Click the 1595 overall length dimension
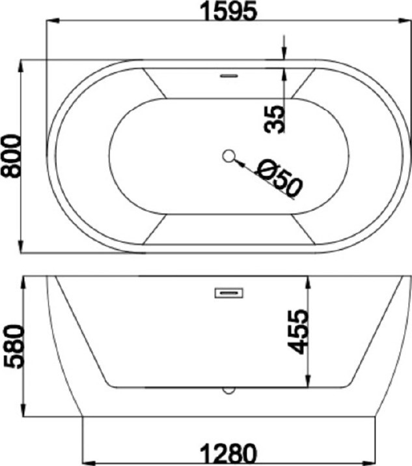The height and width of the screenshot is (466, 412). (x=228, y=11)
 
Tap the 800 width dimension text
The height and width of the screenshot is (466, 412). (x=11, y=156)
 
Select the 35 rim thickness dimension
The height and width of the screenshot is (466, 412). (x=274, y=119)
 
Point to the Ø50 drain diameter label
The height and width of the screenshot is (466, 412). (x=279, y=179)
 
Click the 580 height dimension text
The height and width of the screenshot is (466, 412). (x=14, y=347)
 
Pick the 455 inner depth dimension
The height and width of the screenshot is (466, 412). (x=297, y=332)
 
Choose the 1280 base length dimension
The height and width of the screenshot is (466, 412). (x=228, y=454)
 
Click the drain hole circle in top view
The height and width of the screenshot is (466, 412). (x=228, y=156)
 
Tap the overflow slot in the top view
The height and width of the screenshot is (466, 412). (x=229, y=76)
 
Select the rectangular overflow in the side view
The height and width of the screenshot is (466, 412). (x=229, y=293)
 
